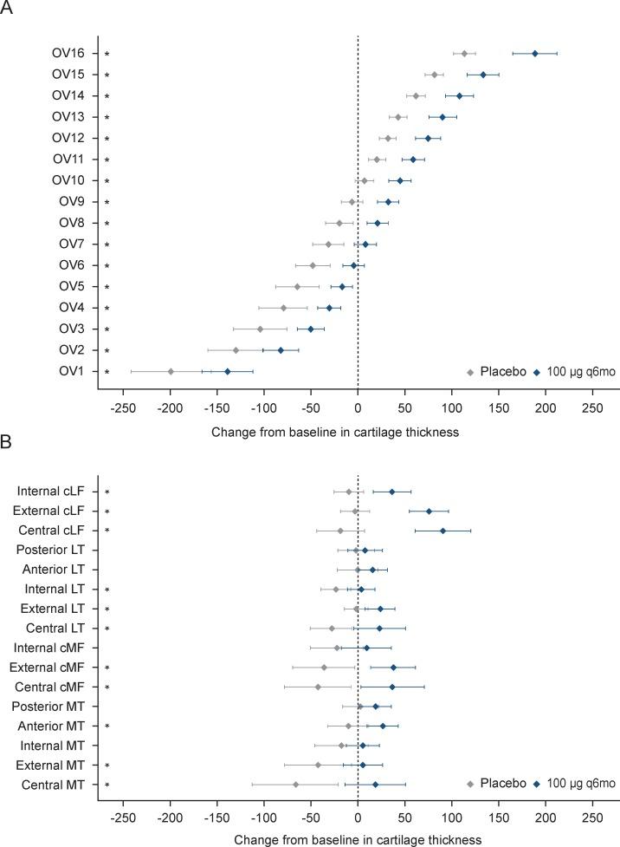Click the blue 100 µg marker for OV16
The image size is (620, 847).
(x=535, y=54)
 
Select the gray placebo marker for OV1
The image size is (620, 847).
(x=171, y=371)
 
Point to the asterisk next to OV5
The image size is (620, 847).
(x=107, y=287)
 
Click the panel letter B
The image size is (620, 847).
(x=7, y=441)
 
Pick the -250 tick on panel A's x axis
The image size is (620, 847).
(x=124, y=407)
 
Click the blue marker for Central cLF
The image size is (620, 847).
(x=442, y=531)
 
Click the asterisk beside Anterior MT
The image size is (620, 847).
(x=107, y=726)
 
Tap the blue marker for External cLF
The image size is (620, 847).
(x=429, y=511)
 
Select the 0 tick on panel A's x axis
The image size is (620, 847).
(x=358, y=407)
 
